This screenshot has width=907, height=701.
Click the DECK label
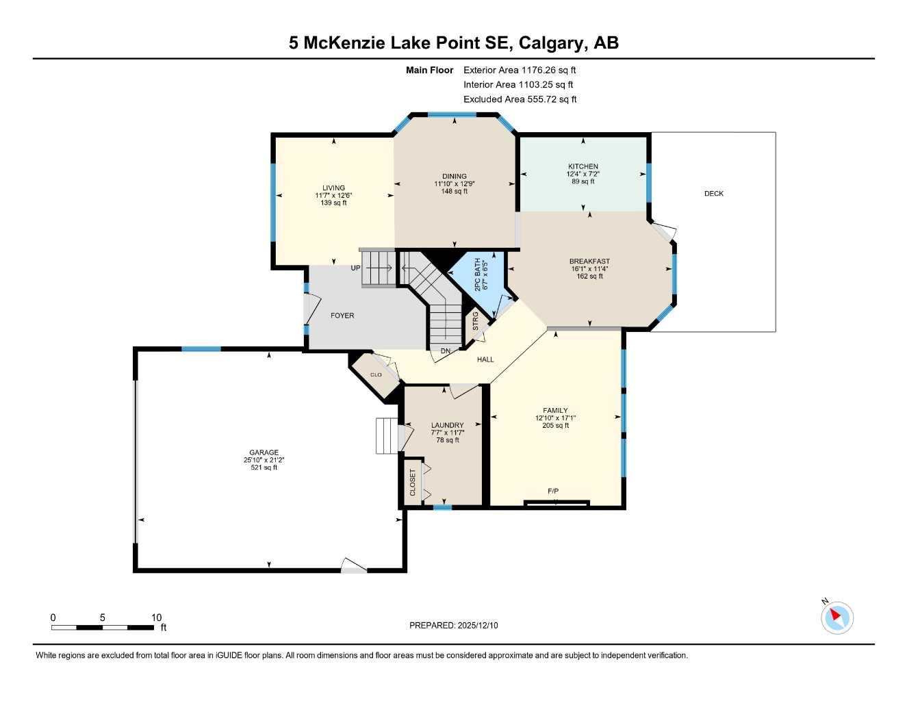click(713, 194)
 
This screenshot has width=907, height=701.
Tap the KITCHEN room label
click(583, 166)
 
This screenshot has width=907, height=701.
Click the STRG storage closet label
click(476, 320)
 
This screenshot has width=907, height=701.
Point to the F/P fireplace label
click(553, 492)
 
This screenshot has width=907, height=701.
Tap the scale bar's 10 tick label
click(156, 617)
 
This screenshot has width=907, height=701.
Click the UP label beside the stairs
click(355, 268)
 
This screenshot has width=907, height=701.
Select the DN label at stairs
click(446, 351)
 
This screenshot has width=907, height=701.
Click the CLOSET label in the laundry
click(413, 483)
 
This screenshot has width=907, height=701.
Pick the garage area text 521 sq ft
click(264, 468)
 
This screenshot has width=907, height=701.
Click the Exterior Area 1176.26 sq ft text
click(520, 70)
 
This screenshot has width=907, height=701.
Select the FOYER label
click(342, 316)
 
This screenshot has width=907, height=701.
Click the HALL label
click(485, 359)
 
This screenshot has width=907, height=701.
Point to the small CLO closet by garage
click(375, 374)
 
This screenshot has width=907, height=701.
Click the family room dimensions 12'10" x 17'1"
click(555, 418)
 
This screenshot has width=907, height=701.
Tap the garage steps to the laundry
click(386, 436)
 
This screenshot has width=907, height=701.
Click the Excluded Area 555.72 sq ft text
click(520, 99)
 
